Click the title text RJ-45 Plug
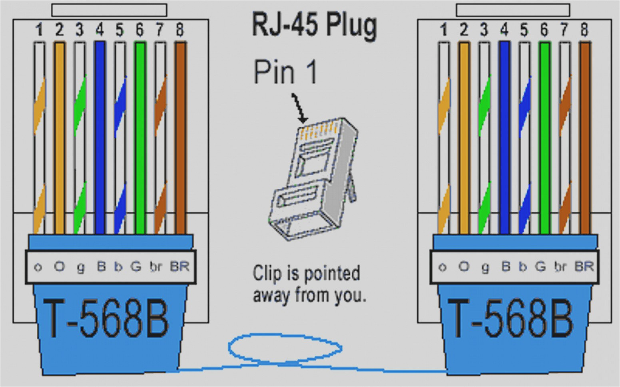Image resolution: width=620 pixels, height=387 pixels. tap(314, 25)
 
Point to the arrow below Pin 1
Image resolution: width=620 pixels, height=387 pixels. tap(299, 108)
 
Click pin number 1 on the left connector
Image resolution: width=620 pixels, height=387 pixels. tap(39, 30)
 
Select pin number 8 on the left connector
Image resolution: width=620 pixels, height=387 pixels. tap(180, 30)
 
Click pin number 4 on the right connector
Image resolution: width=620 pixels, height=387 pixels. tap(504, 30)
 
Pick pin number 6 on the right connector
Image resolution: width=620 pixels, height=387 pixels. tap(544, 30)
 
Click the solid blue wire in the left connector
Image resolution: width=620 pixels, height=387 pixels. tap(100, 136)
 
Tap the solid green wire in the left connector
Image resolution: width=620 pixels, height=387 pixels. tap(140, 136)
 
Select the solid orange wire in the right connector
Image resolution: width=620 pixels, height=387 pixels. tap(464, 136)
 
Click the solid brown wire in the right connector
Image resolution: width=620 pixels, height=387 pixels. tap(585, 136)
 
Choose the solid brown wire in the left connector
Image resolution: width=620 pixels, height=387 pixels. tap(180, 136)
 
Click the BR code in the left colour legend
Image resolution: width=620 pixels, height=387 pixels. tap(179, 266)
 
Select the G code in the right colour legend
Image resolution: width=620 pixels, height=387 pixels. tap(540, 266)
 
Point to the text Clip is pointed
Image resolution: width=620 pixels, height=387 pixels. tap(306, 274)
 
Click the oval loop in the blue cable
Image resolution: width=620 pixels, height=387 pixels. tap(285, 348)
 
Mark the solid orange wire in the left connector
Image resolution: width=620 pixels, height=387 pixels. tap(59, 136)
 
